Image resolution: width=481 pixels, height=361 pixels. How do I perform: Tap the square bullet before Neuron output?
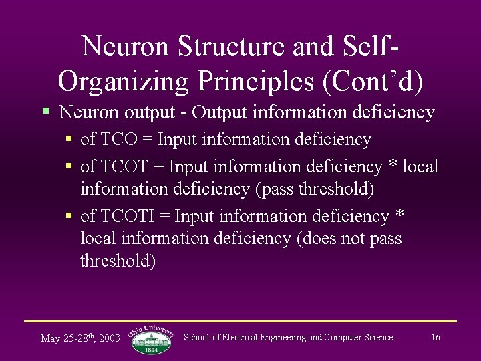(45, 111)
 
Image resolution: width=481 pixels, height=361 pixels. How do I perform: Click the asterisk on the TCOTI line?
(400, 216)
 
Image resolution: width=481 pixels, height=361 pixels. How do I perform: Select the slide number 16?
(435, 338)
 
